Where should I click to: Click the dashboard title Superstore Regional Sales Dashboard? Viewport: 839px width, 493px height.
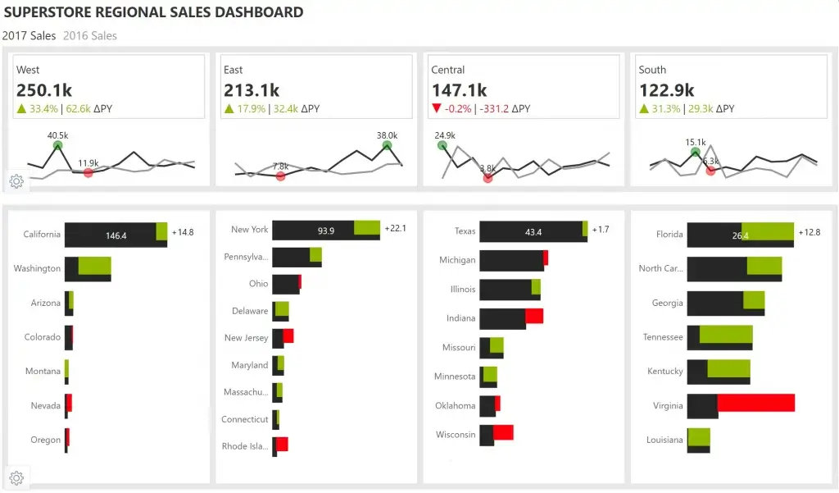point(153,13)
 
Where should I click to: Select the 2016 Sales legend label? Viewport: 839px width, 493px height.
point(90,36)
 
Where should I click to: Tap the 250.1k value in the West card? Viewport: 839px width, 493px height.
point(44,90)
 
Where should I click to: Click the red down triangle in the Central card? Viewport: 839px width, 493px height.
point(436,109)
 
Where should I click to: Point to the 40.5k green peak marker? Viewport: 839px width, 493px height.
point(57,146)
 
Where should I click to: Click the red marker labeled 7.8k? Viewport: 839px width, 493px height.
point(281,176)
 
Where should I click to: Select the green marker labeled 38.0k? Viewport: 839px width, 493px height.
point(387,146)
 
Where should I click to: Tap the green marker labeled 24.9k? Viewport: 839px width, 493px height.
point(442,146)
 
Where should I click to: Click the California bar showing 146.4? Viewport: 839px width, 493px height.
point(116,235)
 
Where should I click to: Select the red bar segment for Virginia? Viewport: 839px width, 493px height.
point(755,403)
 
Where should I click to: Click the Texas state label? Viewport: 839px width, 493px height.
point(465,231)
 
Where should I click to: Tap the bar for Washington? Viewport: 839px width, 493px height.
point(87,268)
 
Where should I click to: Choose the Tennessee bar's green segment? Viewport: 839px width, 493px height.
point(726,334)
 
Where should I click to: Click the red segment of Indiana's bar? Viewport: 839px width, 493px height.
point(534,317)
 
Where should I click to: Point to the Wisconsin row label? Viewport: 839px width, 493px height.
point(456,435)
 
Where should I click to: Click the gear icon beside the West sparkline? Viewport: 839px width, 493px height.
point(17,181)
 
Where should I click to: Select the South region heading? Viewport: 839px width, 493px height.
point(652,70)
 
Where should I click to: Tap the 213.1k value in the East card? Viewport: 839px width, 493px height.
point(252,90)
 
